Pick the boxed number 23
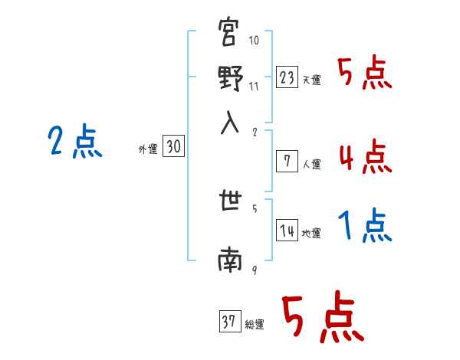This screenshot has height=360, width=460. click(287, 77)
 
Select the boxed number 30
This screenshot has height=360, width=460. click(174, 148)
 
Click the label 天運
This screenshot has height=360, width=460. click(311, 80)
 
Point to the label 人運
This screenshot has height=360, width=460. click(311, 164)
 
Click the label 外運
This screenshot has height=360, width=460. click(148, 150)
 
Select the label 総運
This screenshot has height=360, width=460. click(255, 324)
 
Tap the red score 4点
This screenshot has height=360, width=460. click(364, 157)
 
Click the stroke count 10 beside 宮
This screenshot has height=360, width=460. click(254, 40)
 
